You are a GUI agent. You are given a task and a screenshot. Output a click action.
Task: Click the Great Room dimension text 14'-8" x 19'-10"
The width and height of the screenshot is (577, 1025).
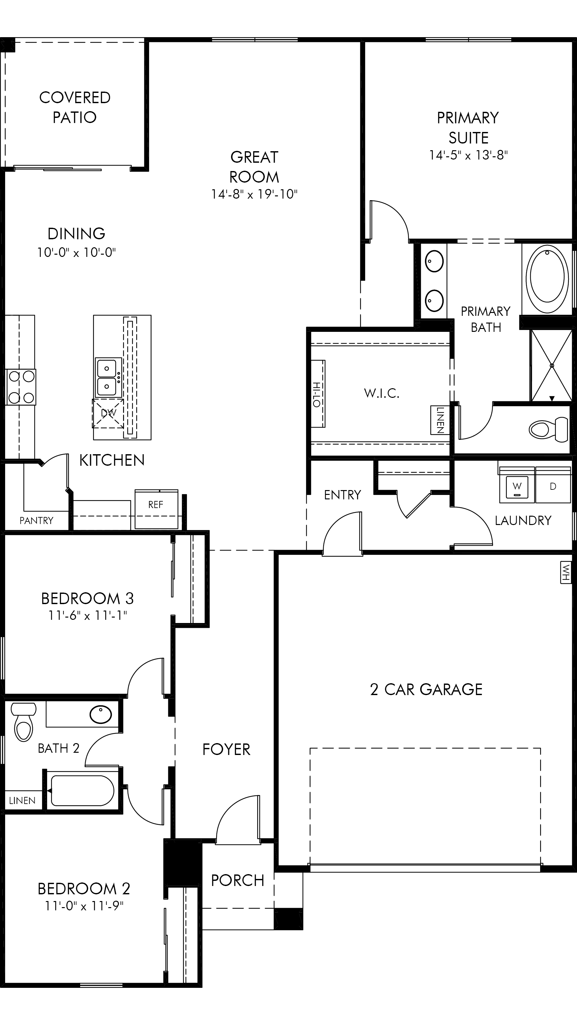point(255,194)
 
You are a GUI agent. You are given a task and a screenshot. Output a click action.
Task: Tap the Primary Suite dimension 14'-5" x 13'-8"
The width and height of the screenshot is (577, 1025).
point(468,155)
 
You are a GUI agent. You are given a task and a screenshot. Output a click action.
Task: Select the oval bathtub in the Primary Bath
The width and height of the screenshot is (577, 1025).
point(547,279)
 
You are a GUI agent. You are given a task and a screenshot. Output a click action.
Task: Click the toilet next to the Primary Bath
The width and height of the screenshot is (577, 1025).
point(549,429)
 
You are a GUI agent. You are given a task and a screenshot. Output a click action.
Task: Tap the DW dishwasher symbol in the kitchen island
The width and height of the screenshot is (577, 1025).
point(108,414)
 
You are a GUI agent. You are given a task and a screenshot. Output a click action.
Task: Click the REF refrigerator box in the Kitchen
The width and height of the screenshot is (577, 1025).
point(156,509)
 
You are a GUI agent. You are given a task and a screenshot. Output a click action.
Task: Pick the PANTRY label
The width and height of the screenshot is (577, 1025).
point(36,521)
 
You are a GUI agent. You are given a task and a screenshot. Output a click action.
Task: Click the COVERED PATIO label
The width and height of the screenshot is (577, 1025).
point(75,107)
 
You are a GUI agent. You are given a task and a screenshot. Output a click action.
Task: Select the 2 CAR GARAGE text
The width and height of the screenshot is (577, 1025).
point(426,690)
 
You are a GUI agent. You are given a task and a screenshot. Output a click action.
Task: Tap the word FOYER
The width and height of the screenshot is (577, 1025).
point(226,750)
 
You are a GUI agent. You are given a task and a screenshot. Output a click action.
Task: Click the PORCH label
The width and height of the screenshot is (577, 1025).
point(238,881)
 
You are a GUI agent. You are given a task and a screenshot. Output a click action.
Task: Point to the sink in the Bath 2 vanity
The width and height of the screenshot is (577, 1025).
point(101,714)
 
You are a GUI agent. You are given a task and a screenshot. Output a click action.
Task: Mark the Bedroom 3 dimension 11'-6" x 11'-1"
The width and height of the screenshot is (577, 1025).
point(88,616)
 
